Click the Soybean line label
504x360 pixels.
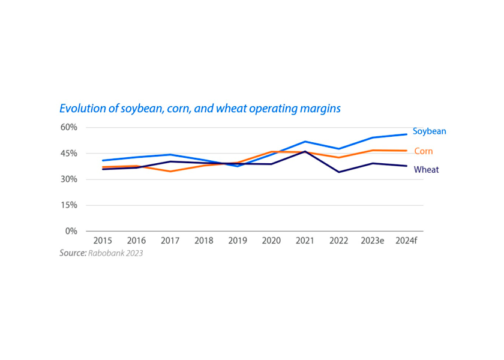(x=429, y=131)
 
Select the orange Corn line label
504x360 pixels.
(x=423, y=151)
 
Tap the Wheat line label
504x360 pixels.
(x=426, y=170)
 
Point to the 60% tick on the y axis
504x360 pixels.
(x=69, y=127)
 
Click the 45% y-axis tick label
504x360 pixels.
(x=69, y=154)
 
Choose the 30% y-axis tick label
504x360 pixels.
(x=69, y=179)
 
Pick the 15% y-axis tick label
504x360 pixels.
(x=69, y=205)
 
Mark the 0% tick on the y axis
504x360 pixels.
(x=71, y=231)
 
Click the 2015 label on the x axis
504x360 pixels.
(x=103, y=241)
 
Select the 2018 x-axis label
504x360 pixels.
(x=204, y=241)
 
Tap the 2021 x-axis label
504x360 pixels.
(x=305, y=241)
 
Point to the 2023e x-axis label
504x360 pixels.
(x=373, y=241)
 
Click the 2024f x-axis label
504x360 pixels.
(x=406, y=241)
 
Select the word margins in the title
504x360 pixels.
(x=320, y=109)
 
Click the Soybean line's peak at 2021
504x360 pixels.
(x=305, y=142)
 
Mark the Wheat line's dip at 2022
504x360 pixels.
(x=339, y=172)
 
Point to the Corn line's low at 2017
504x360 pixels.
(x=170, y=172)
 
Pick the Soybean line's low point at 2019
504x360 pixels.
(x=238, y=166)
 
